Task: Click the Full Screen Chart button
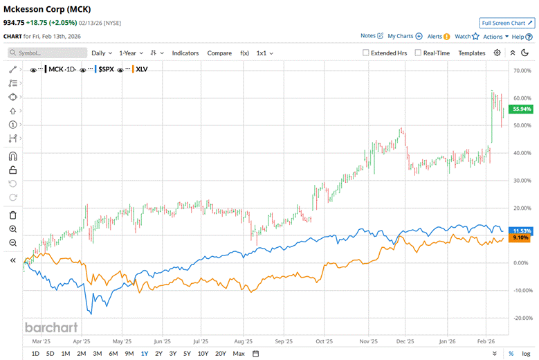507,23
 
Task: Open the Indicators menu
185,53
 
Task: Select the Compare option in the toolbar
219,53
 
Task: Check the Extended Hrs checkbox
367,53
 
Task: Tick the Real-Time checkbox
418,53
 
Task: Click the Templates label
472,53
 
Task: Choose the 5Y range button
188,354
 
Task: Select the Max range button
239,354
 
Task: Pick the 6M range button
113,354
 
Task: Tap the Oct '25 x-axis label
322,341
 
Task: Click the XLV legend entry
142,69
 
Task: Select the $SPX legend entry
105,69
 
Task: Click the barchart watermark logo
51,327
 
